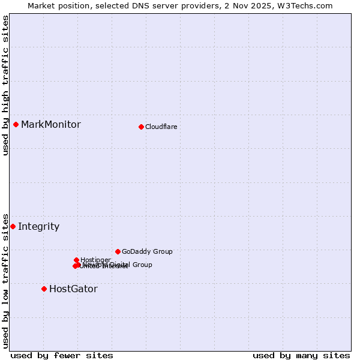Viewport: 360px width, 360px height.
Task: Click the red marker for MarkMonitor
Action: pyautogui.click(x=16, y=124)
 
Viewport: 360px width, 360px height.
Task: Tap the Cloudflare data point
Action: pyautogui.click(x=141, y=127)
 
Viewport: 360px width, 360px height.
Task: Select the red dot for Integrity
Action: pyautogui.click(x=13, y=226)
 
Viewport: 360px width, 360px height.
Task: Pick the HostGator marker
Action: pyautogui.click(x=44, y=289)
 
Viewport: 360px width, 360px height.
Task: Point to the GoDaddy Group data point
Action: pyautogui.click(x=118, y=251)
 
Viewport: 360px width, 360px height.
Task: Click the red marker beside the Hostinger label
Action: pyautogui.click(x=76, y=260)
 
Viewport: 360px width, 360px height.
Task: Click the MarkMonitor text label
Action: pyautogui.click(x=51, y=125)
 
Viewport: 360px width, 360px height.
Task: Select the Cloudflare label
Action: pyautogui.click(x=161, y=127)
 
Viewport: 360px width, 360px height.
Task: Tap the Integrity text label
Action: pyautogui.click(x=39, y=227)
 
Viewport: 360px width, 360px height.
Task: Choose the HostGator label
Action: pyautogui.click(x=73, y=289)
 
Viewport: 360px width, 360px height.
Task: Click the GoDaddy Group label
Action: pyautogui.click(x=147, y=252)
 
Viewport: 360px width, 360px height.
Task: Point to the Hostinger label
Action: pyautogui.click(x=95, y=260)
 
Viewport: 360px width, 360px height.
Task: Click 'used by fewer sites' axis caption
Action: pyautogui.click(x=62, y=355)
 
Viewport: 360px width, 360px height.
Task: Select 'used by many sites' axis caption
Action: pyautogui.click(x=301, y=355)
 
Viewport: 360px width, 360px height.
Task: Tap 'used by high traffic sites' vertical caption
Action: pyautogui.click(x=6, y=85)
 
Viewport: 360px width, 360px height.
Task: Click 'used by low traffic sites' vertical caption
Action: pyautogui.click(x=6, y=280)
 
